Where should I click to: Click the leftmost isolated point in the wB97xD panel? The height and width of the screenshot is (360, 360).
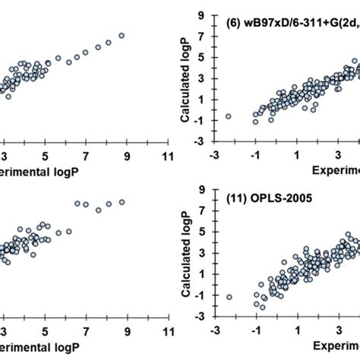coord(228,116)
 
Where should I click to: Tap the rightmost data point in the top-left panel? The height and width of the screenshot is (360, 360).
coord(122,35)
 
